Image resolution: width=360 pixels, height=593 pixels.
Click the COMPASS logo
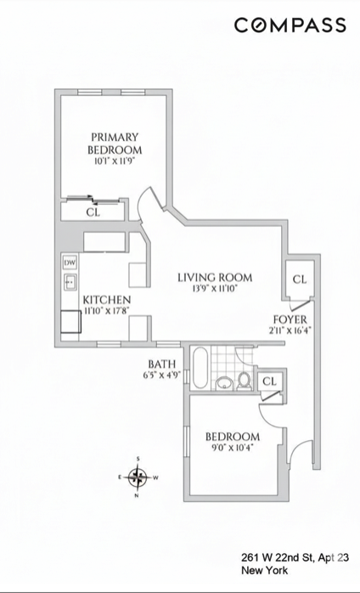pyautogui.click(x=290, y=25)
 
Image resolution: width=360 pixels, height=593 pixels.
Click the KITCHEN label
pyautogui.click(x=107, y=301)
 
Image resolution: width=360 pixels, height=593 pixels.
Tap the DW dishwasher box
pyautogui.click(x=70, y=263)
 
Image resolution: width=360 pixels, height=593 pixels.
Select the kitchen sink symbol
pyautogui.click(x=70, y=280)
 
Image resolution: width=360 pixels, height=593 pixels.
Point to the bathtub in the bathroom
pyautogui.click(x=200, y=369)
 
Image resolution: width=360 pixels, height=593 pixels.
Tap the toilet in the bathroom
pyautogui.click(x=245, y=381)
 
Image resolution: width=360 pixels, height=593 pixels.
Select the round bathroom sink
pyautogui.click(x=225, y=381)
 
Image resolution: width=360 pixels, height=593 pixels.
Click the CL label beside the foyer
pyautogui.click(x=299, y=280)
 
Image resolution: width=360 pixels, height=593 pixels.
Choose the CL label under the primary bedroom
pyautogui.click(x=93, y=213)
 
